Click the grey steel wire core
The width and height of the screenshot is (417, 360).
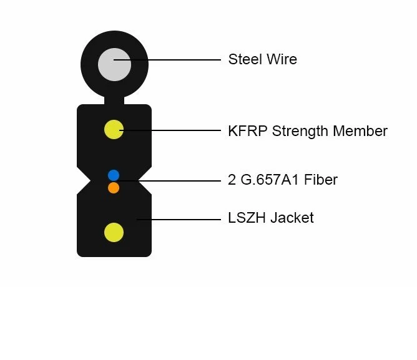[114, 64]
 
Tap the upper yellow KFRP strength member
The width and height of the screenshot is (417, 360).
[114, 130]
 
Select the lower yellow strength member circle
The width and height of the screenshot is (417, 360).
[114, 233]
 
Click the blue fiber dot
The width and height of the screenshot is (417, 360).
[114, 175]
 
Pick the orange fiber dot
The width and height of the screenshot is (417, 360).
[114, 187]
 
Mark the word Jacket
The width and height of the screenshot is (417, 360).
[292, 218]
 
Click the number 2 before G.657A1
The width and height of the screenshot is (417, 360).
[232, 180]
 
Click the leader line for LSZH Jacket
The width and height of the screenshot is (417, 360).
[181, 219]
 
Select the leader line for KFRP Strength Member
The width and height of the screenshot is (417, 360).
[175, 130]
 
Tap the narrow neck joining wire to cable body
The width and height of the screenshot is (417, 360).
[114, 99]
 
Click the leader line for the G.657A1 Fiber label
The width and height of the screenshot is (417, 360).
[175, 181]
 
